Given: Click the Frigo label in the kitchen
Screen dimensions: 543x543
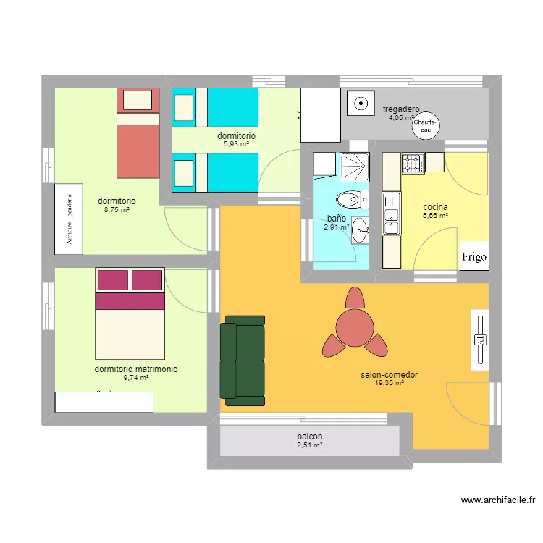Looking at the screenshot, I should click(474, 257).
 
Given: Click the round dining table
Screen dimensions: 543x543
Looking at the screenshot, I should click(355, 327).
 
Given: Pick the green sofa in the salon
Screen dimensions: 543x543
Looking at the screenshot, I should click(243, 358).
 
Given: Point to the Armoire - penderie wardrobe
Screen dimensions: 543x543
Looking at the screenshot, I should click(70, 219).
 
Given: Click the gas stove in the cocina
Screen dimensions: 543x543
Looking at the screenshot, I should click(413, 164).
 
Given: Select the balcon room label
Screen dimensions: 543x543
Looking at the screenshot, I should click(309, 437).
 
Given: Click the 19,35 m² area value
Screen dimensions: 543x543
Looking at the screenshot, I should click(389, 383).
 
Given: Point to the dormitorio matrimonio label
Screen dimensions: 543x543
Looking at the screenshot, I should click(135, 369).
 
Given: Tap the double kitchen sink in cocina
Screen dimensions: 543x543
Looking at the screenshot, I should click(391, 214).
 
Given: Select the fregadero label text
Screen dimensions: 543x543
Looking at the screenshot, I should click(401, 109).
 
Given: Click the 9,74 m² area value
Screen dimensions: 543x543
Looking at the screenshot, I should click(135, 377).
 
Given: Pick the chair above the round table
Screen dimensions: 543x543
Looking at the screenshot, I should click(355, 298).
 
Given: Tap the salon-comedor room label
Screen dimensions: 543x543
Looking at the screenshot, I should click(389, 375).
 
